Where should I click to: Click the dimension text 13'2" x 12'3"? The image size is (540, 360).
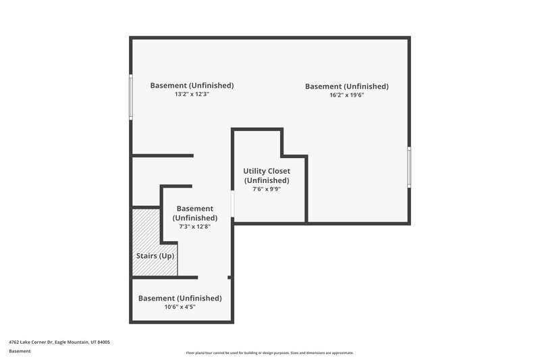coord(192,95)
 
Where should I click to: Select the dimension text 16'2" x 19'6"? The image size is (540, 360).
coord(346,95)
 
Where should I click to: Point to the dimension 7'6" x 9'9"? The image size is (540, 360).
coord(267,189)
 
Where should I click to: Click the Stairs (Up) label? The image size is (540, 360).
coord(155,256)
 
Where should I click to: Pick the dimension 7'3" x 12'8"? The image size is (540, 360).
coord(194,227)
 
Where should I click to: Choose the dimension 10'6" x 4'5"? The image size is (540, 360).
coord(180,307)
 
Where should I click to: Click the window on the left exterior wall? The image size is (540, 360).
coord(131,97)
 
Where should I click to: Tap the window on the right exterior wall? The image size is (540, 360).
coord(409,167)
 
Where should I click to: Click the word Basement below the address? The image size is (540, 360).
coord(20,351)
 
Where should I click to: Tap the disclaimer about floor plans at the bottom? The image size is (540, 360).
coord(269,353)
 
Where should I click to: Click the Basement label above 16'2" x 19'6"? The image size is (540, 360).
coord(346,86)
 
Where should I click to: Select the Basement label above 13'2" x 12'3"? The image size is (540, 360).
coord(192,86)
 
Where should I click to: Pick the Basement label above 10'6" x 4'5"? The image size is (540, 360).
coord(180,298)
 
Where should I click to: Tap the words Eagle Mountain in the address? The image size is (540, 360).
coord(74,342)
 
